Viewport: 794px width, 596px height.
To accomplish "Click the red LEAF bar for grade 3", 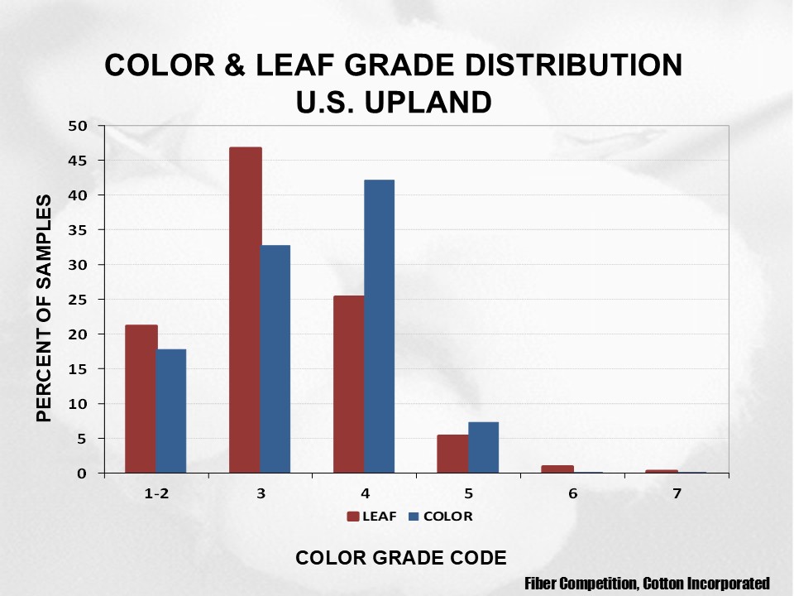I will (x=245, y=310).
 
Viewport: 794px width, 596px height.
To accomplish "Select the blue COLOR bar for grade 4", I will (x=379, y=327).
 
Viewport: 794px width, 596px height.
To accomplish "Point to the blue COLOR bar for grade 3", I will (x=275, y=359).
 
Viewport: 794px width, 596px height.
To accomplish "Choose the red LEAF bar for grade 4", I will (x=348, y=385).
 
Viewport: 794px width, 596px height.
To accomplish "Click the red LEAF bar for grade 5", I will (x=452, y=454).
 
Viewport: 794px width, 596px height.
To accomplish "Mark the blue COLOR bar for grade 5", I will (x=483, y=448).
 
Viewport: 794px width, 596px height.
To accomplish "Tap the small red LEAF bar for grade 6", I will (x=557, y=469).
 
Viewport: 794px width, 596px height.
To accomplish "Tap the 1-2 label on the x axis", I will (x=156, y=494).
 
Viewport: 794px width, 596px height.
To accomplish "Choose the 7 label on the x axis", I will (x=677, y=494).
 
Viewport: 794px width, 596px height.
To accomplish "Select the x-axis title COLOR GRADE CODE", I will (x=401, y=558).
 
